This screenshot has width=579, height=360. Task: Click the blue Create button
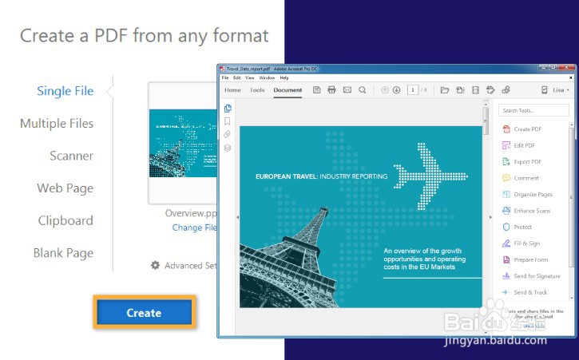[x=144, y=313]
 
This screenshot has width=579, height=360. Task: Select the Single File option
[x=65, y=91]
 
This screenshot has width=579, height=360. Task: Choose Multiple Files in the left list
[x=57, y=124]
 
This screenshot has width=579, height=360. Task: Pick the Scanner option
[x=71, y=156]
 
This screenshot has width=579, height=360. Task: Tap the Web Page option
[x=65, y=188]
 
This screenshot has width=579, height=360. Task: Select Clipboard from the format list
[x=65, y=221]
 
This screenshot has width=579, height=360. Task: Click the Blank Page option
[x=63, y=253]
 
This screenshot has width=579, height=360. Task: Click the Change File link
[x=194, y=227]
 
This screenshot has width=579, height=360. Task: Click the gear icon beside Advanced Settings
[x=156, y=265]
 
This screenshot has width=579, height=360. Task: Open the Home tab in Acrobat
[x=232, y=90]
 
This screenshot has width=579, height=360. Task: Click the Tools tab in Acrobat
[x=257, y=90]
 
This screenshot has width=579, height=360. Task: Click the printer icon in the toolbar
[x=331, y=90]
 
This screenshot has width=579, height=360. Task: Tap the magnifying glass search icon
[x=363, y=90]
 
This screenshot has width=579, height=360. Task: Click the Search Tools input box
[x=532, y=110]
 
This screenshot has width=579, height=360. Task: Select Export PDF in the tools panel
[x=527, y=161]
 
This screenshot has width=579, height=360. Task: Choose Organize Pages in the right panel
[x=533, y=194]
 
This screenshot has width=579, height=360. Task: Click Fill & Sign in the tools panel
[x=526, y=243]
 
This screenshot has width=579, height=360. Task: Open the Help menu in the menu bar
[x=284, y=78]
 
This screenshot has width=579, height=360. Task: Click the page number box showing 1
[x=413, y=90]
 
